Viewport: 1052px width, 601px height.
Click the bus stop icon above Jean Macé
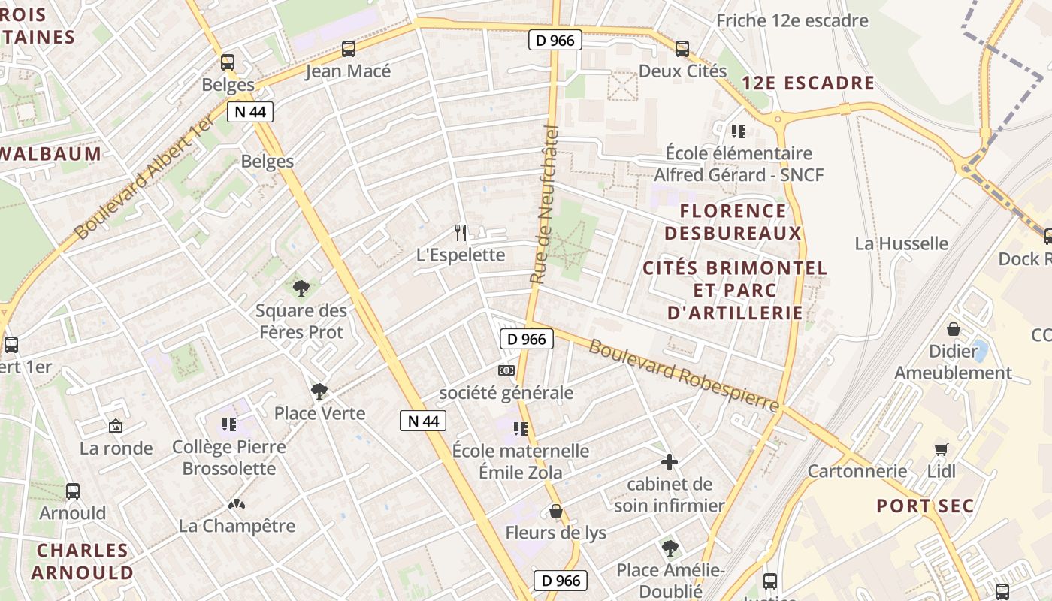(x=348, y=49)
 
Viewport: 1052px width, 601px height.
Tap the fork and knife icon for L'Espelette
(x=461, y=233)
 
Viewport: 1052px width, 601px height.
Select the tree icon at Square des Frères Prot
(x=301, y=288)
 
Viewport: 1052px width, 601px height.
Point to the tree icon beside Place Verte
(x=319, y=391)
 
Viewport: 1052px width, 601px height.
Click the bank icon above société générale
(x=506, y=370)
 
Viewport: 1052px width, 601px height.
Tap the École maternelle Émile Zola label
(x=520, y=461)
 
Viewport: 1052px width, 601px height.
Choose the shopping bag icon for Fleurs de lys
(x=556, y=511)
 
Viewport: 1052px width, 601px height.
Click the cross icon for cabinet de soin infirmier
(x=669, y=462)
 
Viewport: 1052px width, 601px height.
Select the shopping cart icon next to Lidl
(x=941, y=449)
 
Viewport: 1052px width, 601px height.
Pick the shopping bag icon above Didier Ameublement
(x=953, y=329)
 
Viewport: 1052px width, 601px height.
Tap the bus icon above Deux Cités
(x=682, y=49)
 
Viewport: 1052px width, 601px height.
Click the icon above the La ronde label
(x=116, y=426)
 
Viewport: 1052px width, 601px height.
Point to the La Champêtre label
(x=237, y=525)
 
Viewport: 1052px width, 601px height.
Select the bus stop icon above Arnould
(x=73, y=491)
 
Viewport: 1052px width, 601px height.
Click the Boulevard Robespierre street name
(x=683, y=375)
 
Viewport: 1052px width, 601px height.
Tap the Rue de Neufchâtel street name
(x=546, y=204)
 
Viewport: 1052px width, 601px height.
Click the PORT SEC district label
(x=925, y=506)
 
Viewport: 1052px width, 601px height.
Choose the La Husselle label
(x=901, y=243)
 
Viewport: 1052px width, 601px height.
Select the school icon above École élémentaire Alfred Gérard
(x=739, y=131)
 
